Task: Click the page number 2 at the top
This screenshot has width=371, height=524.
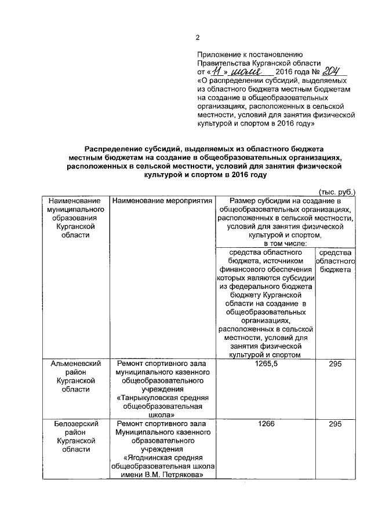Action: coord(197,38)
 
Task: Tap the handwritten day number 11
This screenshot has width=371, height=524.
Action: coord(215,72)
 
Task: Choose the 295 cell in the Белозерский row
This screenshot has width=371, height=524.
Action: coord(334,425)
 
